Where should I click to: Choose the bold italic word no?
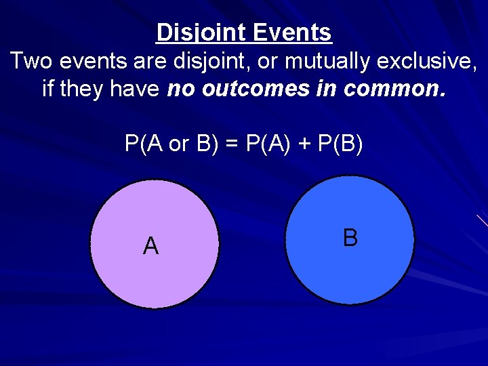pyautogui.click(x=180, y=89)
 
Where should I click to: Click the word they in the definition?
pyautogui.click(x=81, y=89)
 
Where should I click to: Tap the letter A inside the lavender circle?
pyautogui.click(x=150, y=245)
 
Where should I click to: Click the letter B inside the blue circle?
pyautogui.click(x=350, y=238)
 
